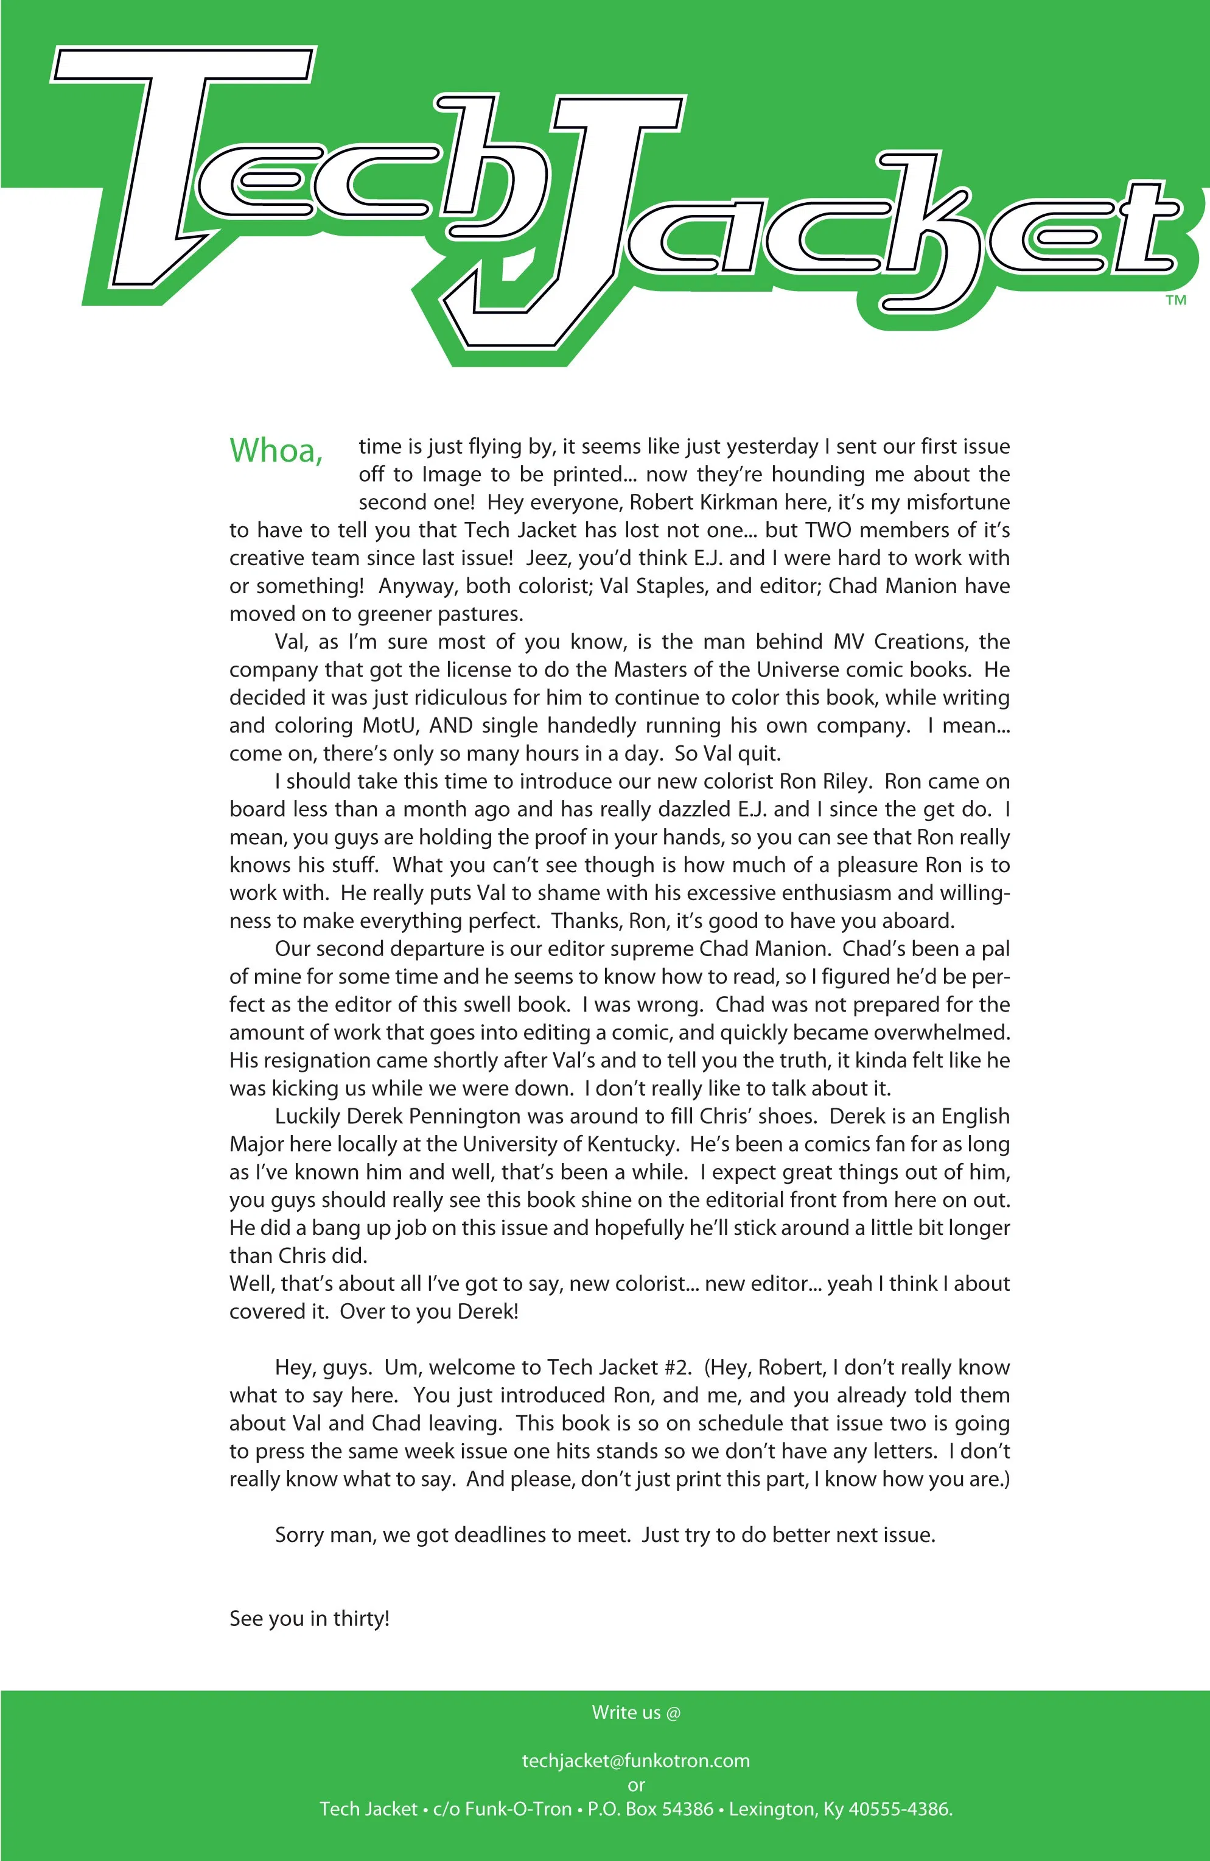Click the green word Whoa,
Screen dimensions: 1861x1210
coord(276,451)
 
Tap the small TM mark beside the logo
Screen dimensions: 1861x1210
coord(1175,300)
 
